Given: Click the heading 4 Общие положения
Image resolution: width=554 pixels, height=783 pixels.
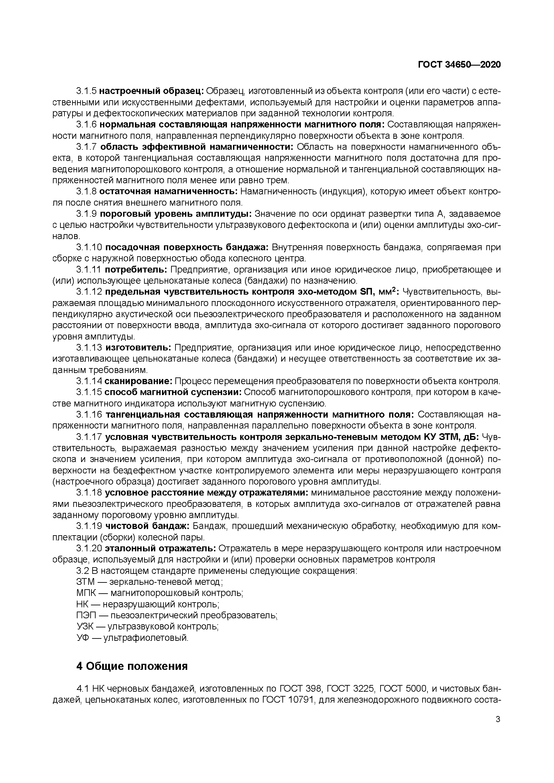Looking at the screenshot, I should point(132,666).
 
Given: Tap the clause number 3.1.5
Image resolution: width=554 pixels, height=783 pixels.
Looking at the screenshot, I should point(87,91).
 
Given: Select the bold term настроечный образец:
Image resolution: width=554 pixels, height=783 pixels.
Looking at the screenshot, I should point(151,91).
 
